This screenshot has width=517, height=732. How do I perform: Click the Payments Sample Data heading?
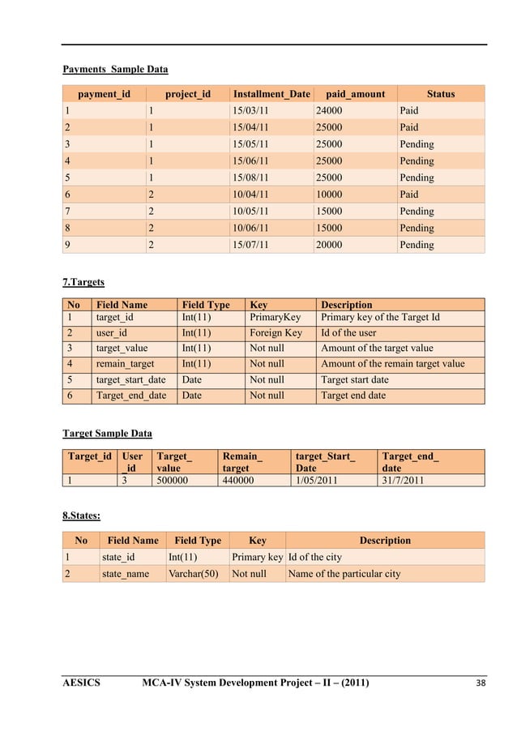pyautogui.click(x=116, y=69)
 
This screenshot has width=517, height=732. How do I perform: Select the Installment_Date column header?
pyautogui.click(x=271, y=94)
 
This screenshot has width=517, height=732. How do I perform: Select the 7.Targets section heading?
pyautogui.click(x=84, y=282)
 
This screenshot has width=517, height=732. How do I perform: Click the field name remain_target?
pyautogui.click(x=125, y=364)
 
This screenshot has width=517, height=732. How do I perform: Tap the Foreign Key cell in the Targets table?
pyautogui.click(x=276, y=333)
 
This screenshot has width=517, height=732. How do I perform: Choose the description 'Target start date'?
pyautogui.click(x=354, y=379)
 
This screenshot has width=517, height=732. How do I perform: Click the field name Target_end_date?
pyautogui.click(x=131, y=396)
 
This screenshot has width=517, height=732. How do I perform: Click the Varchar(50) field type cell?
pyautogui.click(x=193, y=574)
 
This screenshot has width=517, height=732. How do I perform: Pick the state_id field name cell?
pyautogui.click(x=118, y=557)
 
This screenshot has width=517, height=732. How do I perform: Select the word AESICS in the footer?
pyautogui.click(x=82, y=683)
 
